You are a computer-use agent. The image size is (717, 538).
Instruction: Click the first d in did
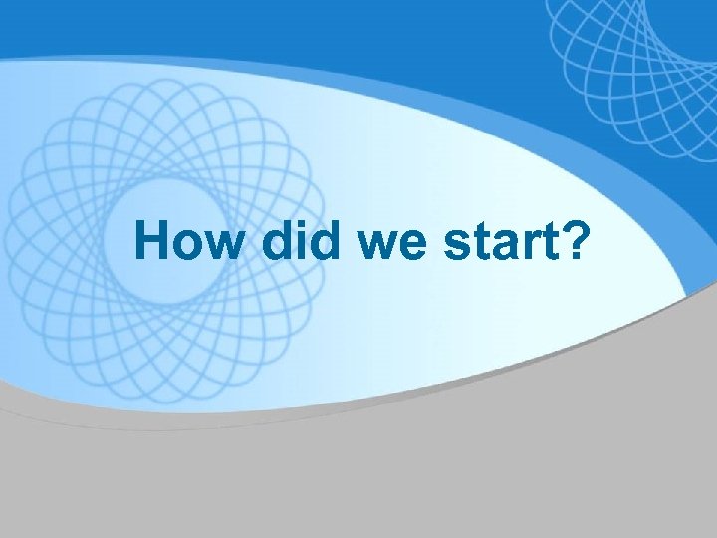[x=280, y=242]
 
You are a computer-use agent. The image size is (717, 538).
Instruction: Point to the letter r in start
[x=519, y=245]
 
